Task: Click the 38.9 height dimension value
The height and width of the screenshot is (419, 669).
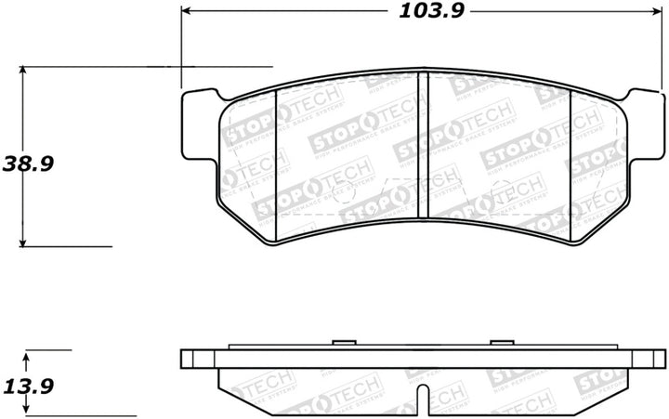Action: (28, 164)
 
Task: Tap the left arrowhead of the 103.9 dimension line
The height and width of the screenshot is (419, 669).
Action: (186, 11)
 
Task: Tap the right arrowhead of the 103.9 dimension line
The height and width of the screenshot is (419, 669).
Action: (662, 11)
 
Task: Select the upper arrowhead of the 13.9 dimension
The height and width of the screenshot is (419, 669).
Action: (27, 356)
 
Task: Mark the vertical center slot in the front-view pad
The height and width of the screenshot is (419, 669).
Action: (423, 149)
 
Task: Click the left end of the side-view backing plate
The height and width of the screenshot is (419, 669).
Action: (185, 359)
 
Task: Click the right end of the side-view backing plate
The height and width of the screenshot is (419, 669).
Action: (662, 359)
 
